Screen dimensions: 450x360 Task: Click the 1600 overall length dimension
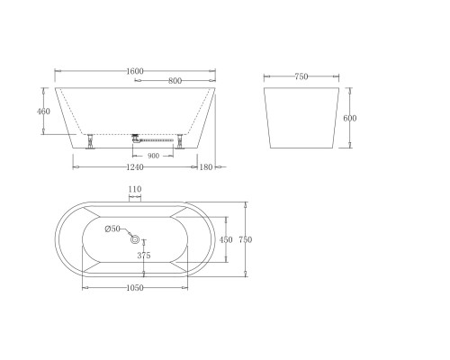pos(135,71)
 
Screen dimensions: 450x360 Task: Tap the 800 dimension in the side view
pos(175,81)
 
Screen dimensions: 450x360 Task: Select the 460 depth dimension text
pos(43,112)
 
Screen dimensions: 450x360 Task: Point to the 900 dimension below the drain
pos(153,156)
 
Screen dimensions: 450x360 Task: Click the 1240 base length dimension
pos(135,167)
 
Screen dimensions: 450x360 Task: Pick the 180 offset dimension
pos(206,167)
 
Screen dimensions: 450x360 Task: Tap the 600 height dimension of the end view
pos(350,118)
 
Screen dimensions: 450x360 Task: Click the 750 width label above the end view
pos(301,76)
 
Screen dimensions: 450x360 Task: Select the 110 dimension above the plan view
pos(135,189)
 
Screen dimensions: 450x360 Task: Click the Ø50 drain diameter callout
pos(112,229)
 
